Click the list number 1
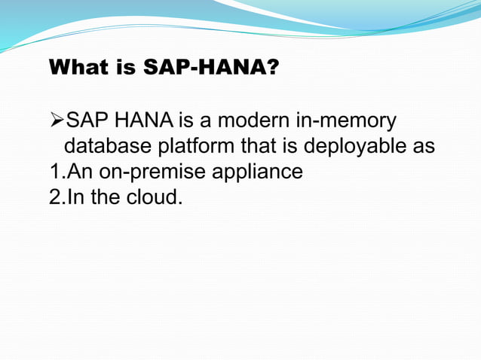point(54,172)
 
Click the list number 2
point(54,197)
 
